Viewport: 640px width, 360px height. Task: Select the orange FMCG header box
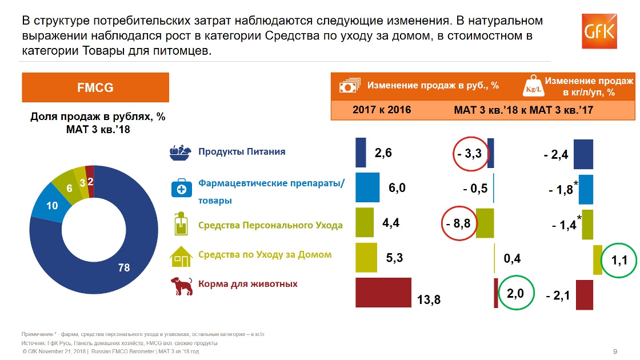(x=95, y=87)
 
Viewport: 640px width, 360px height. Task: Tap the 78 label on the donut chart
(x=124, y=267)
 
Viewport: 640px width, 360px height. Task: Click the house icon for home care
(x=181, y=257)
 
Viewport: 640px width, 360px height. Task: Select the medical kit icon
(x=181, y=189)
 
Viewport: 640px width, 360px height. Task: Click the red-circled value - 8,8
(x=459, y=223)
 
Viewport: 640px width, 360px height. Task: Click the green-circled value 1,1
(x=619, y=261)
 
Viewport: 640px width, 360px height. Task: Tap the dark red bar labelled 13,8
(x=383, y=293)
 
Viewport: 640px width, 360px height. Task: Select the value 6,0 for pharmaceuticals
(x=397, y=188)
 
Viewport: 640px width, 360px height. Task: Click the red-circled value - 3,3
(x=470, y=153)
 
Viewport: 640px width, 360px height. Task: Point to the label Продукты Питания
(x=242, y=152)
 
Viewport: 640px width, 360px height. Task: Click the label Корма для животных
(x=247, y=284)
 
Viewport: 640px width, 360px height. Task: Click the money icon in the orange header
(x=349, y=86)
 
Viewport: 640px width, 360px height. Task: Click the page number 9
(x=614, y=351)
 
